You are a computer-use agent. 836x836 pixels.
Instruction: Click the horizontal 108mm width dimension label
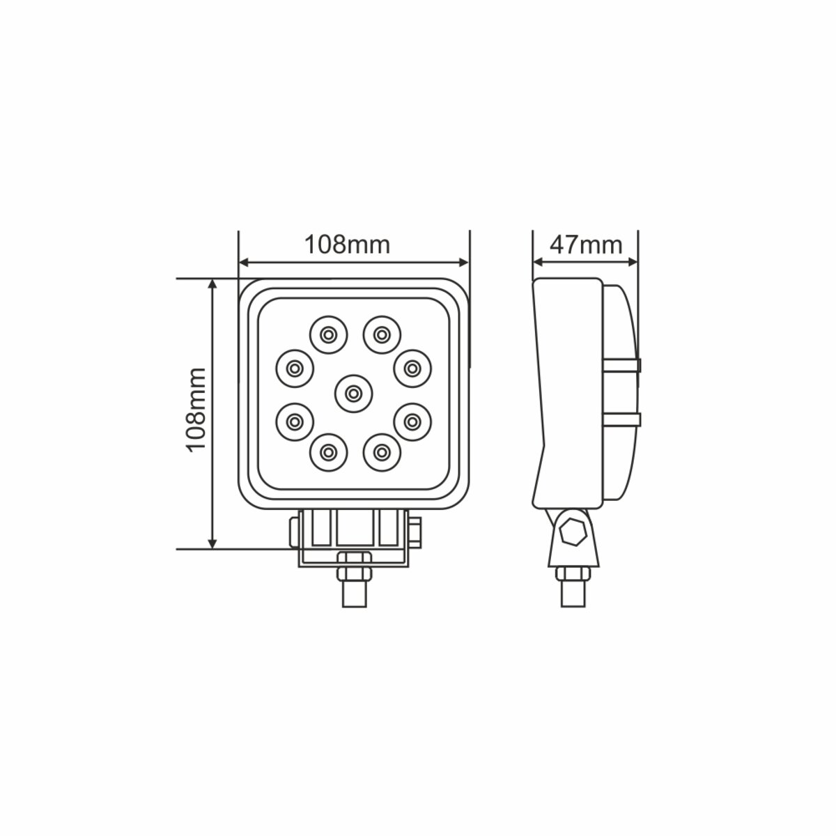coord(347,244)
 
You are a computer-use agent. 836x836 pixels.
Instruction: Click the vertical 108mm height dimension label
coord(196,410)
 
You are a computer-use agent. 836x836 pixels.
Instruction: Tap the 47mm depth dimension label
coord(585,244)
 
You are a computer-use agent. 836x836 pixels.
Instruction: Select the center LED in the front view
coord(353,394)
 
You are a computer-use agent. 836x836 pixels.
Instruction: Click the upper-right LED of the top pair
coord(380,334)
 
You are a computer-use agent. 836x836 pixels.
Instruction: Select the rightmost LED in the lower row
coord(412,421)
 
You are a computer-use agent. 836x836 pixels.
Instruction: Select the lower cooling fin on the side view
coord(621,418)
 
